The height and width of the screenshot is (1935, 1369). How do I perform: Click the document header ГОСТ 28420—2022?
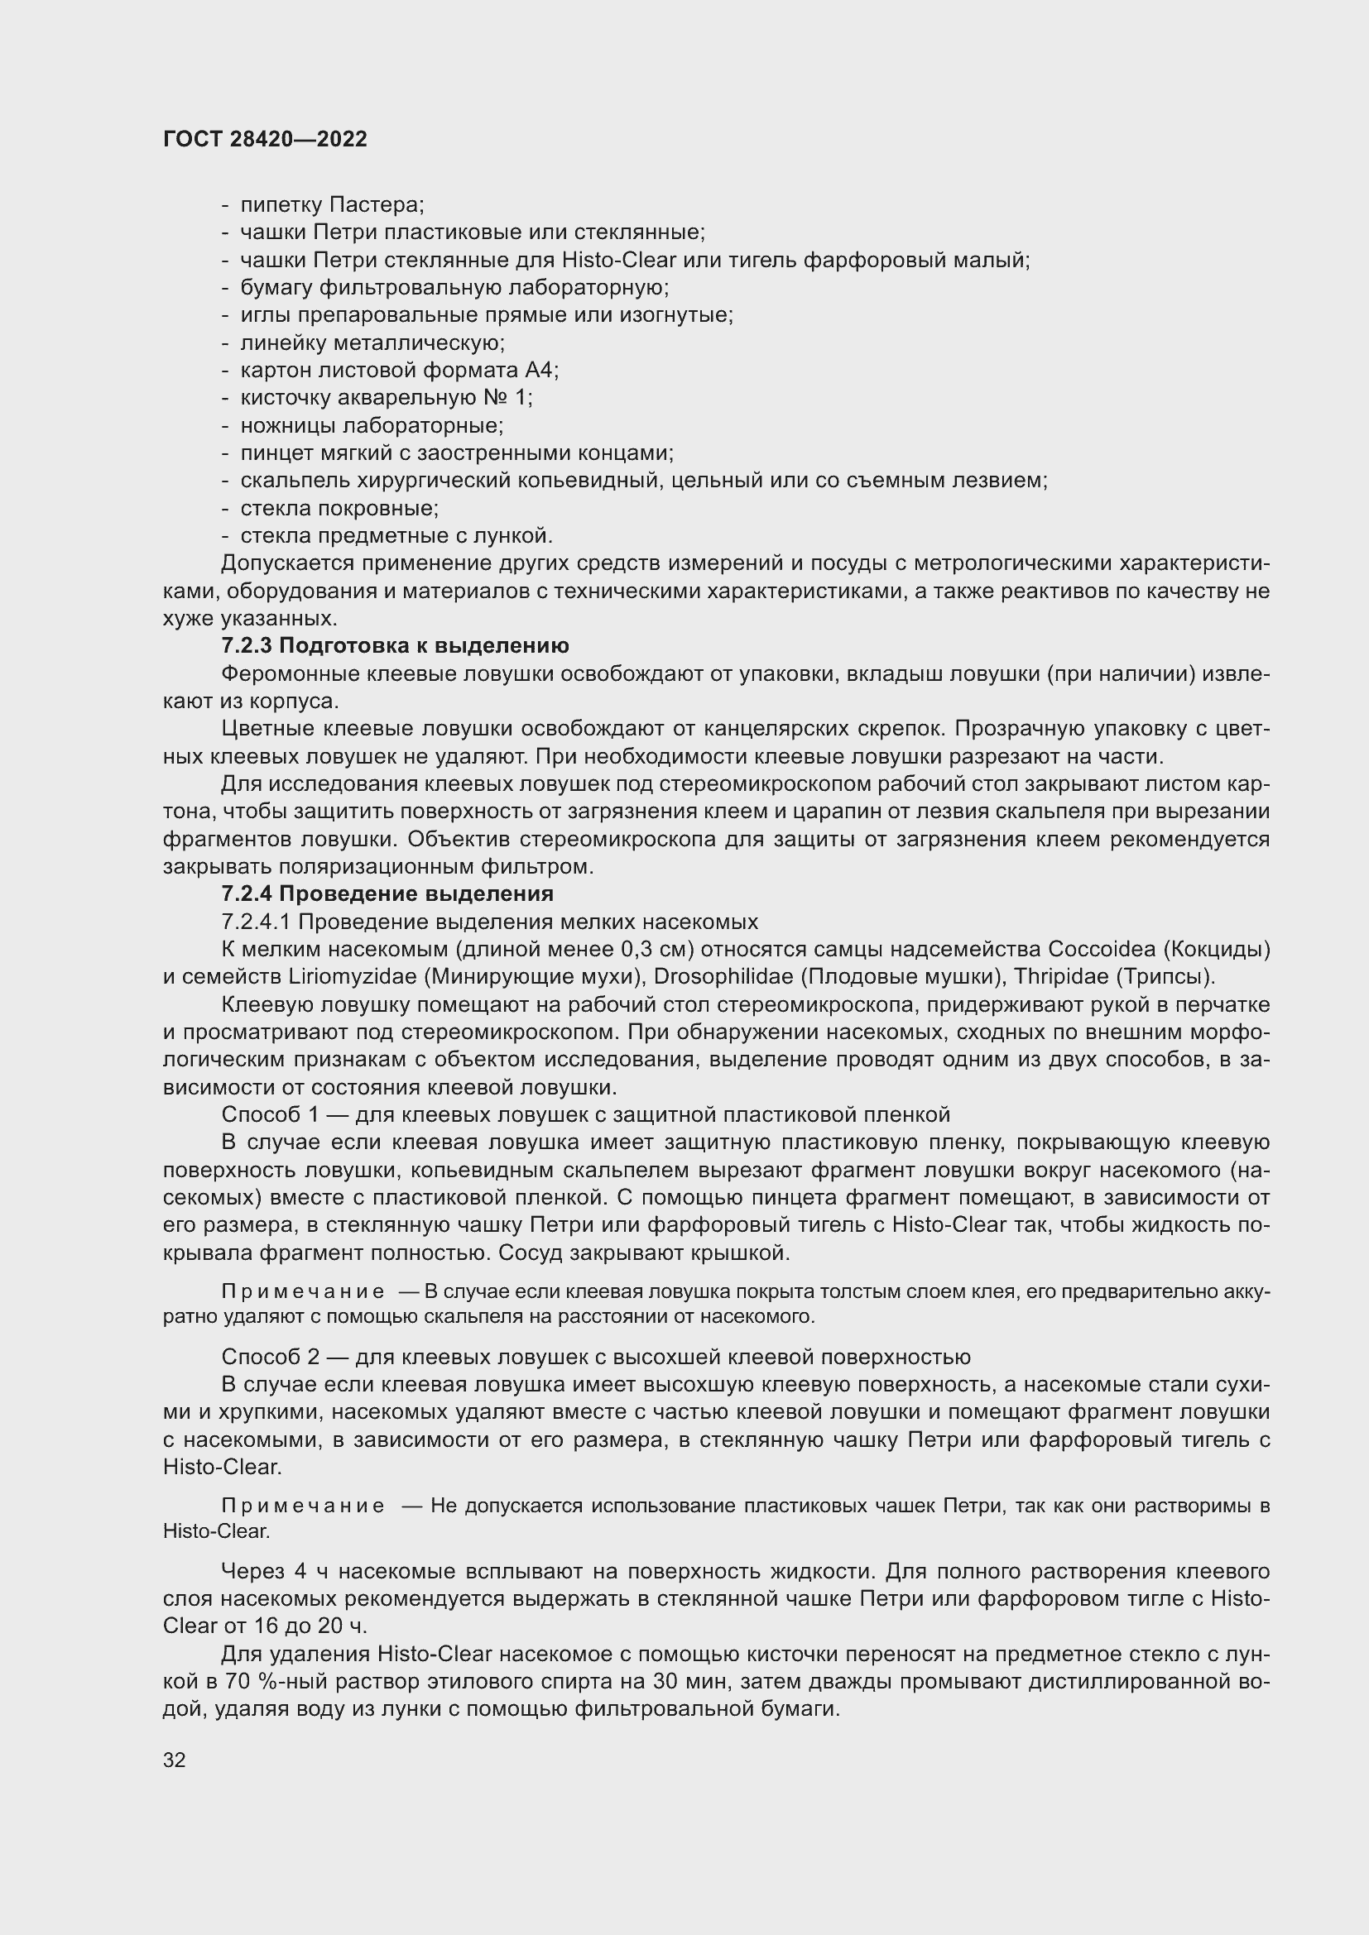(265, 140)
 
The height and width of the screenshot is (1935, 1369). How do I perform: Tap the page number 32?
(175, 1760)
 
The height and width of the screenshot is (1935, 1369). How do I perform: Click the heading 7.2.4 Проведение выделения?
(387, 893)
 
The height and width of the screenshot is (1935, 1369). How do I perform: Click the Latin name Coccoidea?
(1101, 949)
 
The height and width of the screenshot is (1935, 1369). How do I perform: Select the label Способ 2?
(271, 1357)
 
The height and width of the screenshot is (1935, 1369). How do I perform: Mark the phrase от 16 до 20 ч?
(295, 1626)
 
